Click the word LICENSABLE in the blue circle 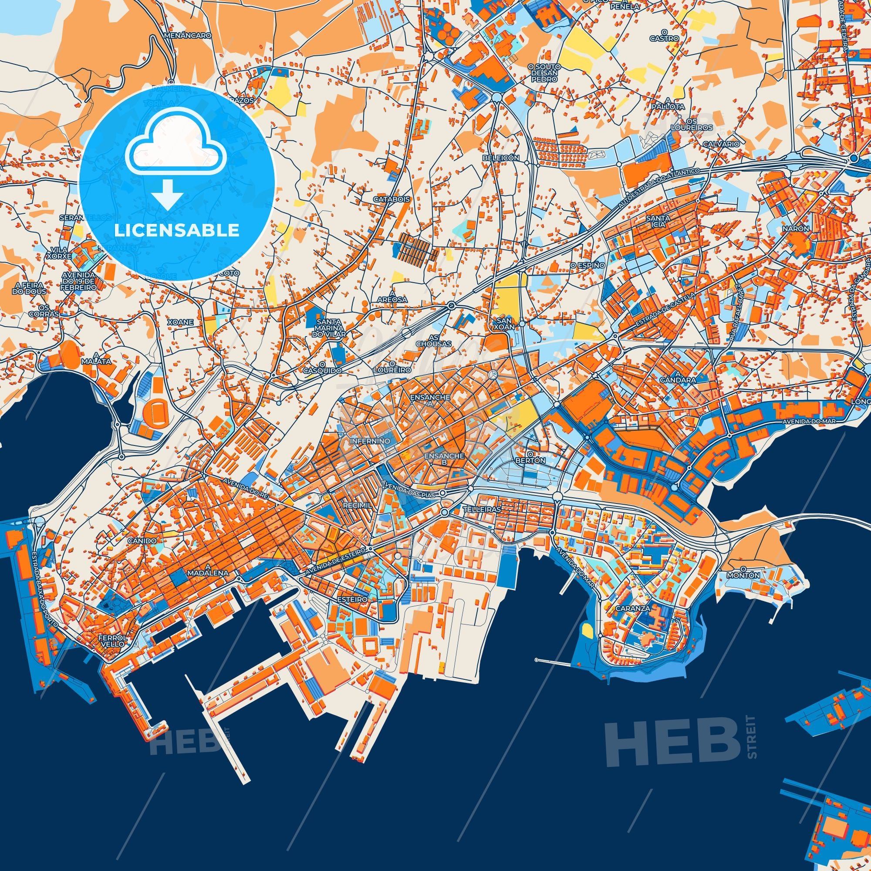pos(177,230)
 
